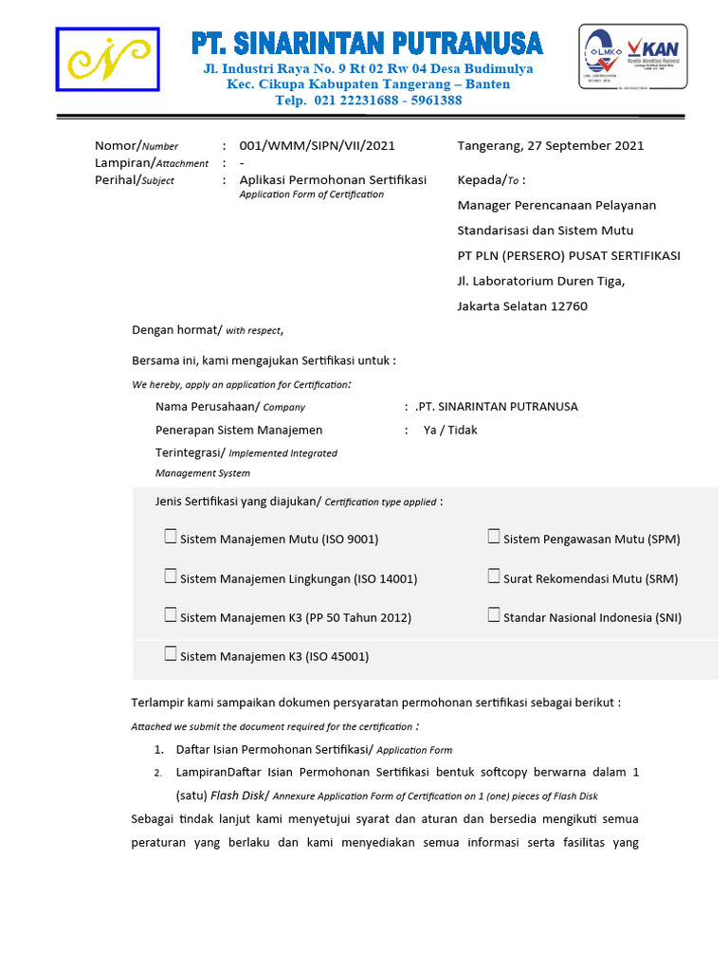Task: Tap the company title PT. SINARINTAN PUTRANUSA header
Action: pyautogui.click(x=367, y=44)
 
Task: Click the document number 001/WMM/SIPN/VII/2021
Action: pyautogui.click(x=317, y=146)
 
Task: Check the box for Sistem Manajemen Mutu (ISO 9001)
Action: pyautogui.click(x=171, y=538)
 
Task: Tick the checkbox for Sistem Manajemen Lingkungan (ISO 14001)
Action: pyautogui.click(x=171, y=577)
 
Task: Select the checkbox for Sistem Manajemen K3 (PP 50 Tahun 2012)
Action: pyautogui.click(x=171, y=615)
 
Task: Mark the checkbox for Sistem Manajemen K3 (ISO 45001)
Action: pyautogui.click(x=171, y=654)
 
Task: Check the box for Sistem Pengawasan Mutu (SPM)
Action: pyautogui.click(x=494, y=538)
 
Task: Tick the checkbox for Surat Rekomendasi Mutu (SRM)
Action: pyautogui.click(x=494, y=577)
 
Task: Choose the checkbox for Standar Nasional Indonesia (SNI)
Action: pyautogui.click(x=494, y=615)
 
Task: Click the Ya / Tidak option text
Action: pyautogui.click(x=450, y=431)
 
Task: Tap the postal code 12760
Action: pyautogui.click(x=568, y=306)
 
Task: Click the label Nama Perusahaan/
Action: pyautogui.click(x=207, y=407)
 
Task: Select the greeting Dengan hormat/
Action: pyautogui.click(x=176, y=330)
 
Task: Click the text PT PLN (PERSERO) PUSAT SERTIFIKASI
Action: pyautogui.click(x=569, y=256)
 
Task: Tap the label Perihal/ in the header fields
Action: pyautogui.click(x=117, y=180)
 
